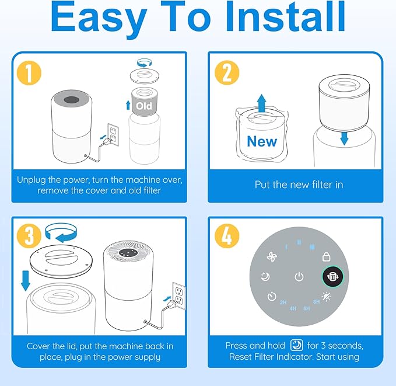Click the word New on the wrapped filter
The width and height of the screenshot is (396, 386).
point(261,141)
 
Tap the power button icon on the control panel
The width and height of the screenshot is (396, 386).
point(299,277)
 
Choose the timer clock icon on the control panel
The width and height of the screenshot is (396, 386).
point(271,297)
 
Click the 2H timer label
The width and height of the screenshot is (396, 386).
point(283,302)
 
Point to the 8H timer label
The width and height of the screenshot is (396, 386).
point(316,302)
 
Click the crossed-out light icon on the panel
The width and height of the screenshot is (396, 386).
point(327,297)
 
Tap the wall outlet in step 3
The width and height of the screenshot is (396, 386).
point(179,295)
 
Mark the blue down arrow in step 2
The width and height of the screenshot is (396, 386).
point(344,137)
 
